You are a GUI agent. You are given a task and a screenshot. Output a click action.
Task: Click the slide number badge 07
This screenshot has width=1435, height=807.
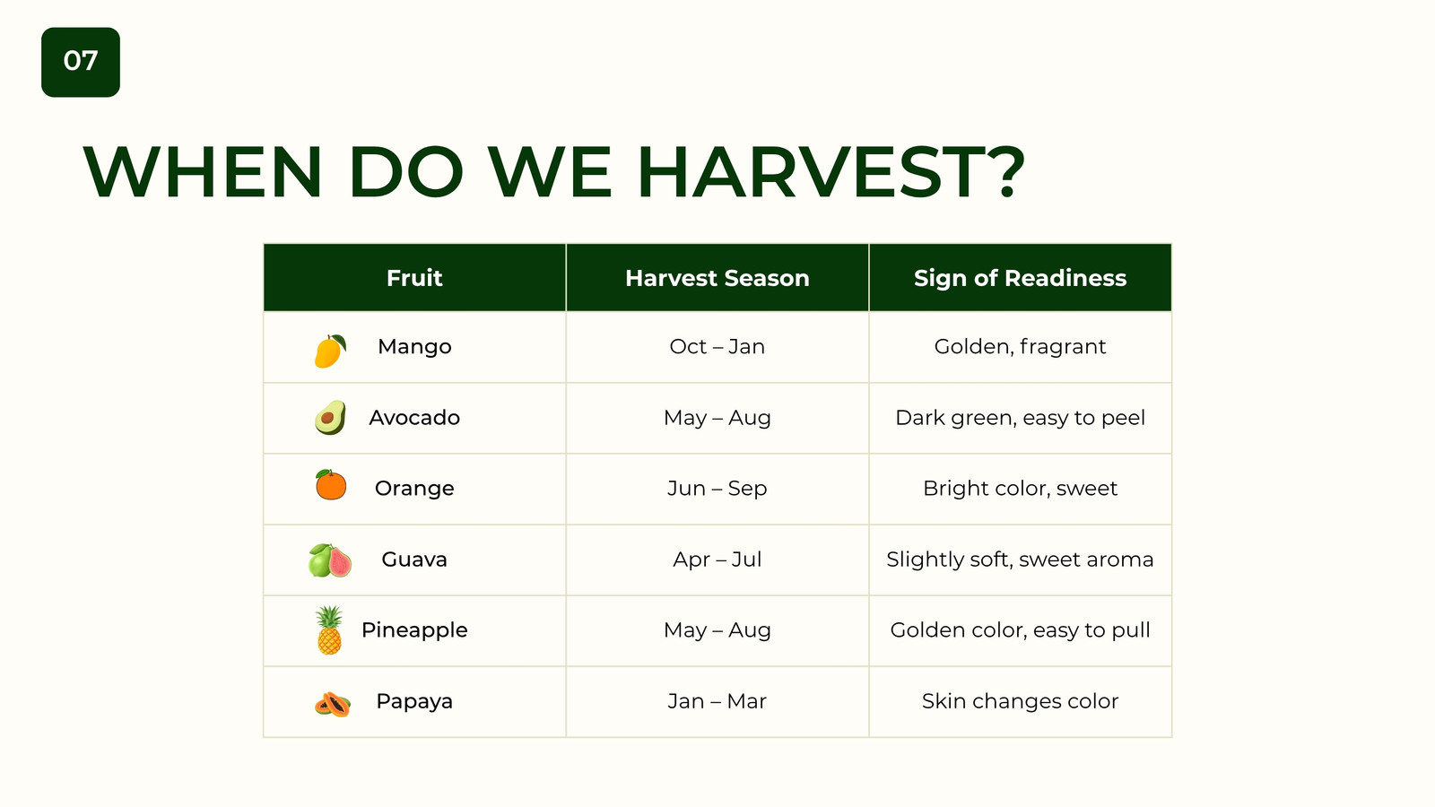point(81,62)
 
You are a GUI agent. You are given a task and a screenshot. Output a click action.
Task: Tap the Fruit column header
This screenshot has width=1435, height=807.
point(414,278)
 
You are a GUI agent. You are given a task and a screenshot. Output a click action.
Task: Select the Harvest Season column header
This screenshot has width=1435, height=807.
point(717,278)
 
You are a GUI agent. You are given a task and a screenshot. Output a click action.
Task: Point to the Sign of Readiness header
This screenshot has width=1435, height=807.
point(1021,278)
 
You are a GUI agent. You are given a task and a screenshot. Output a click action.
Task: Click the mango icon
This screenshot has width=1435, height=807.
point(331,351)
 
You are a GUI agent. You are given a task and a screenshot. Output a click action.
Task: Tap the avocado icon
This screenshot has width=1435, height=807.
point(331,418)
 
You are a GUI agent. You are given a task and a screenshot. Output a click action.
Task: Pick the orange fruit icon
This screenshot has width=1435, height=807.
point(331,484)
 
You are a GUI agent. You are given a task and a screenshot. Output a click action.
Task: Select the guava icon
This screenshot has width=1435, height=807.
point(330,560)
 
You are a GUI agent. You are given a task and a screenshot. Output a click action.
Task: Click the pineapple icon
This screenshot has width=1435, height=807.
point(329,630)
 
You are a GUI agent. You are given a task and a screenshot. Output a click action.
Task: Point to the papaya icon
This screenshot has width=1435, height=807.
point(333,705)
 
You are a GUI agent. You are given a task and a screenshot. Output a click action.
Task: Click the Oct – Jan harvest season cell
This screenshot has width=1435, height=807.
point(717,346)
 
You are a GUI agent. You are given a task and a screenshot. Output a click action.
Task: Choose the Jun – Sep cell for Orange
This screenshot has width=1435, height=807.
point(717,489)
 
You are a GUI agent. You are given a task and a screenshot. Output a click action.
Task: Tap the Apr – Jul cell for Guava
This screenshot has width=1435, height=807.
point(717,560)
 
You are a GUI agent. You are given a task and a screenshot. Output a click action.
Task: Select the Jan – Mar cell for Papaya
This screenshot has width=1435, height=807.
point(717,701)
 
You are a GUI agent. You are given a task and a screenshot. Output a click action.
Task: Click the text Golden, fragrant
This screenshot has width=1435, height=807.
point(1021,346)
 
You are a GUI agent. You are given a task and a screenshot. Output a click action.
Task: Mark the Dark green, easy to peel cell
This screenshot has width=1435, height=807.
point(1021,418)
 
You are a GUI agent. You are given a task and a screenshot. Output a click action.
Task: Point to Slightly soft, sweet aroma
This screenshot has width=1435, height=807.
point(1021,560)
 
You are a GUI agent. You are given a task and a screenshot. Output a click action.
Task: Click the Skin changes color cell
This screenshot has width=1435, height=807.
point(1021,701)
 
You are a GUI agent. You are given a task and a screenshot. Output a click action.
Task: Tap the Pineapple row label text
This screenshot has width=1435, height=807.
point(414,630)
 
